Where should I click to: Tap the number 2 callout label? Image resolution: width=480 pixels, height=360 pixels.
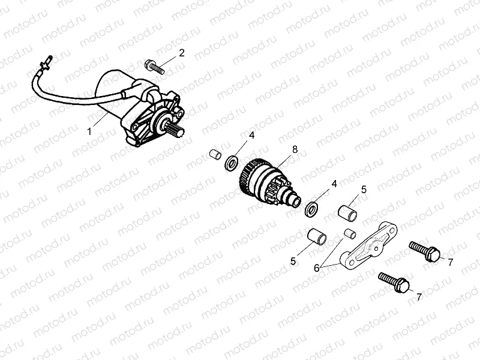tap(182, 53)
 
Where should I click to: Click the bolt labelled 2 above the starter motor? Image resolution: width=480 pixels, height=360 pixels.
tap(155, 65)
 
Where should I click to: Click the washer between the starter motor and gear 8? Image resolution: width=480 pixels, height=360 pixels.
tap(230, 162)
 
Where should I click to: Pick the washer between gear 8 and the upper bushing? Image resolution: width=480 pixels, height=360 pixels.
tap(312, 209)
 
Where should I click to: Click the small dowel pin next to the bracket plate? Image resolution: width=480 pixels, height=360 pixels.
tap(350, 233)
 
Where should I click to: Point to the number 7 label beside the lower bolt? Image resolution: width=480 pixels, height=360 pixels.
tap(419, 296)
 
